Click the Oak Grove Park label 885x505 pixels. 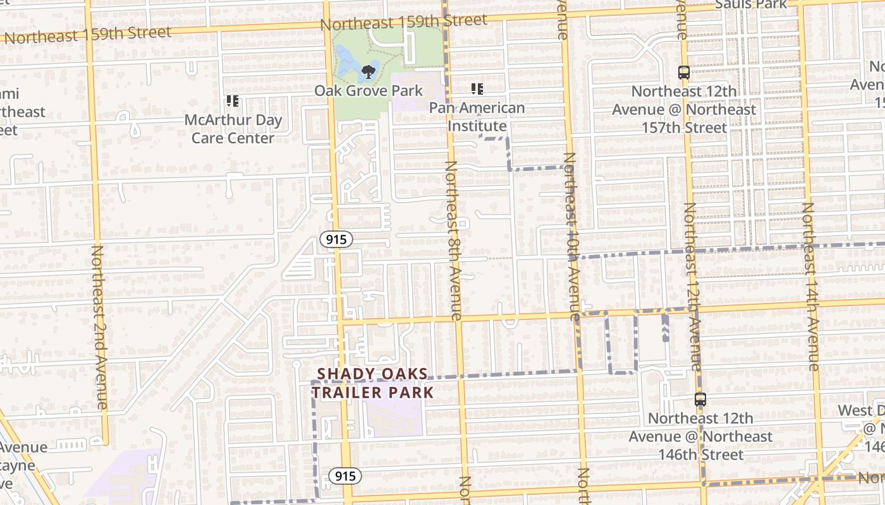click(369, 91)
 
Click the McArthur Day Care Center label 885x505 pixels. click(233, 129)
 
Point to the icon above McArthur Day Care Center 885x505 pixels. click(232, 101)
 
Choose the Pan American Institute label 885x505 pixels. click(477, 117)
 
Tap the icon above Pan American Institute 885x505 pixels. click(477, 89)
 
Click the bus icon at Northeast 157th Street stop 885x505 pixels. click(683, 73)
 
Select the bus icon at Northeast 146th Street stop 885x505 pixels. click(700, 400)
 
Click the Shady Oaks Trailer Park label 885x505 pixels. click(372, 383)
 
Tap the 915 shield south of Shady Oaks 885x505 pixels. click(345, 476)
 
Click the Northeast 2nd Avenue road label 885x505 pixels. click(100, 327)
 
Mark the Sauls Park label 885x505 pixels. click(751, 4)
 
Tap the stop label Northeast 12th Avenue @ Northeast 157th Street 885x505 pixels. click(684, 109)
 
